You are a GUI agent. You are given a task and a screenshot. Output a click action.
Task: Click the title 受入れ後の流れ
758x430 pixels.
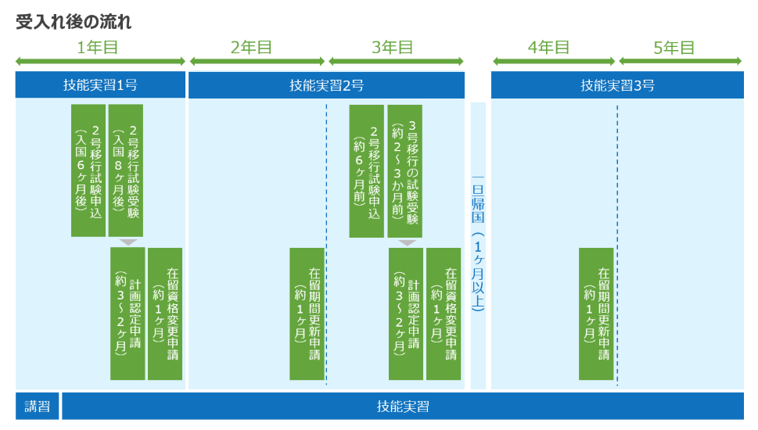tap(74, 22)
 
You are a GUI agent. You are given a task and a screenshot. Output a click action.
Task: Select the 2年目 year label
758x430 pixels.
tap(252, 47)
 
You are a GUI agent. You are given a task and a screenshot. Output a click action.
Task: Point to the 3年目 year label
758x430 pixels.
tap(393, 47)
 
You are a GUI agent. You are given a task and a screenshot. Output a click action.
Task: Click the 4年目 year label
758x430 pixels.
tap(549, 47)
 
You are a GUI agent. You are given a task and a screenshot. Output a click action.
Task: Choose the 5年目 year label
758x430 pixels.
tap(674, 47)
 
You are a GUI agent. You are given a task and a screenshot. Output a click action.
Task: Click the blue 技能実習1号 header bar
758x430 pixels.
tap(100, 85)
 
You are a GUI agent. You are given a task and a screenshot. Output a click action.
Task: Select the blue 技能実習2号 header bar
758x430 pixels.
tap(326, 85)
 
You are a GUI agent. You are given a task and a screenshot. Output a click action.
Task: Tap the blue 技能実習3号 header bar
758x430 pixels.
tap(617, 85)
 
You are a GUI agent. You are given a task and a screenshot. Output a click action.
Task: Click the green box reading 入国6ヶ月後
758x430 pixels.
tap(88, 170)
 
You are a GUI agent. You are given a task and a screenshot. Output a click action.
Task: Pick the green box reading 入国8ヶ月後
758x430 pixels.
tap(126, 170)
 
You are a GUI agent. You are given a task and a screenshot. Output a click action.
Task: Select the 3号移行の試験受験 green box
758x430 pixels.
tap(405, 170)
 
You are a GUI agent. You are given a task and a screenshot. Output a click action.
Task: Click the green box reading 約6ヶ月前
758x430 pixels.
tap(366, 170)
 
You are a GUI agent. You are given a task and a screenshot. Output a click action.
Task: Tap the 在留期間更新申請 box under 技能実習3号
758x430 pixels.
tap(596, 314)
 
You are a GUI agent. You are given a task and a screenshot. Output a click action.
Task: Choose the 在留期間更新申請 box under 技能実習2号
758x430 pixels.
tap(307, 314)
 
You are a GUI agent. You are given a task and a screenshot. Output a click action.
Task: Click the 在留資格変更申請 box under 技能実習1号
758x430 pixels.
tap(165, 314)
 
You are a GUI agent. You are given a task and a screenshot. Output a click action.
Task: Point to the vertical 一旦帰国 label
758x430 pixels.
tap(478, 244)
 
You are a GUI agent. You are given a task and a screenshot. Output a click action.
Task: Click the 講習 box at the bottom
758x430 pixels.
tap(37, 406)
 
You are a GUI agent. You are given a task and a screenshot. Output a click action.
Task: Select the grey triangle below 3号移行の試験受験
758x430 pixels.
tap(407, 242)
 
